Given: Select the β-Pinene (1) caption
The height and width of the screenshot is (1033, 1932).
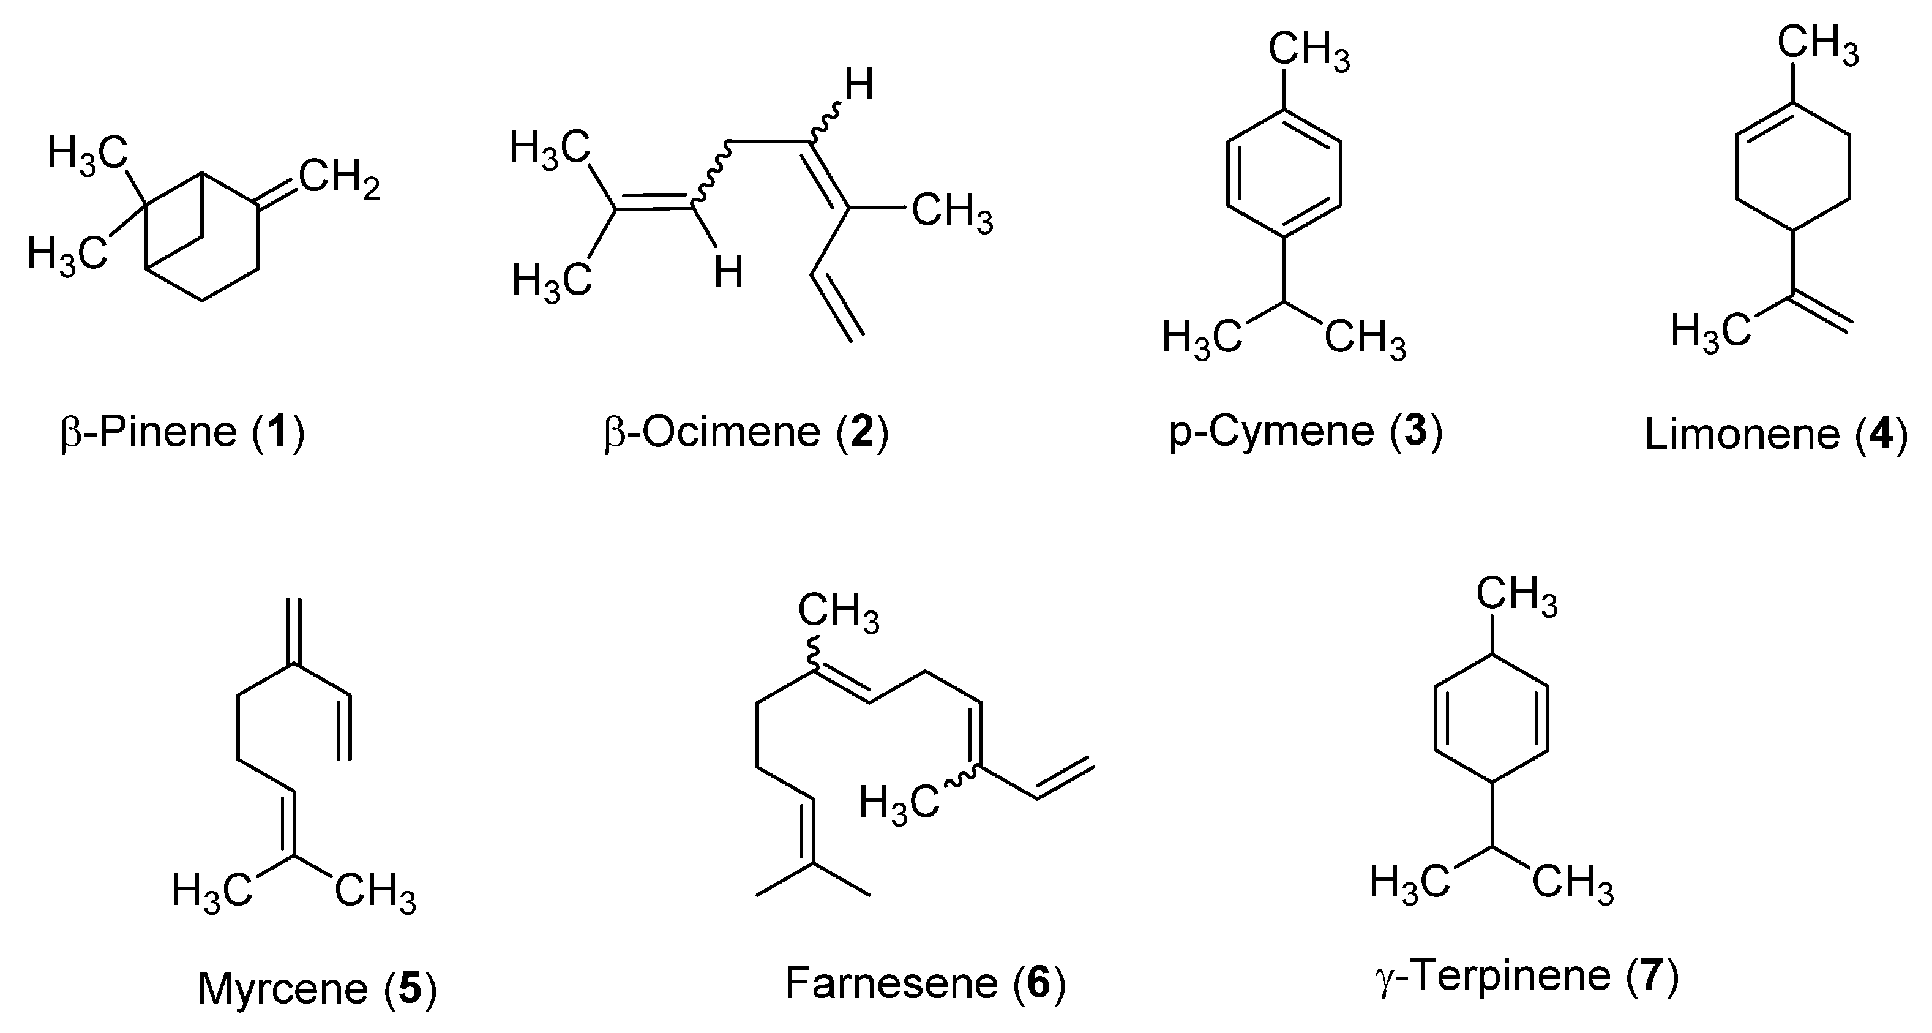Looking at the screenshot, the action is [182, 433].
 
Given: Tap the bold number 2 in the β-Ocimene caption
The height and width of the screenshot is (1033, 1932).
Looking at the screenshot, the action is [862, 433].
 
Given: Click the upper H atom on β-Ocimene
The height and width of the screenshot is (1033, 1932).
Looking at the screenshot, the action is [859, 86].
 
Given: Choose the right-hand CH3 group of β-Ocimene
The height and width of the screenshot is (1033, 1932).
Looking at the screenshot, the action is [952, 213].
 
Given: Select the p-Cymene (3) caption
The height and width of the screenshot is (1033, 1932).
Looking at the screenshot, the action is [1306, 433].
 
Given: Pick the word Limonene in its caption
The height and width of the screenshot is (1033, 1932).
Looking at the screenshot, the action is [1742, 435].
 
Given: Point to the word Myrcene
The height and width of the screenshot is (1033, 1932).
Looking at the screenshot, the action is [283, 989].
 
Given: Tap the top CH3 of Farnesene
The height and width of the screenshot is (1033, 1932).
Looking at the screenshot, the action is [837, 613].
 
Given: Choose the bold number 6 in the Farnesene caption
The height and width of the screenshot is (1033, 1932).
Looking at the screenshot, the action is [1039, 983].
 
